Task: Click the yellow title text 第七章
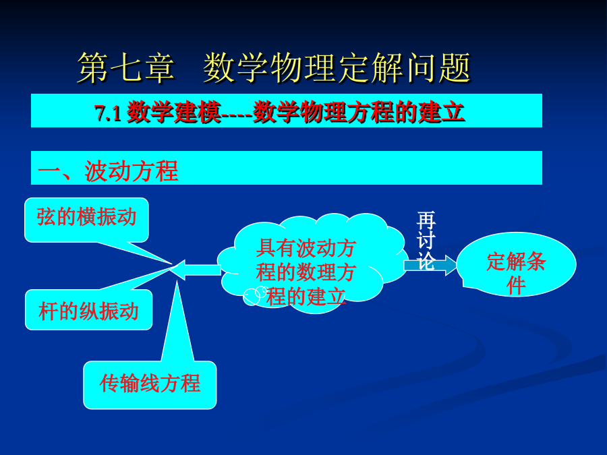[126, 68]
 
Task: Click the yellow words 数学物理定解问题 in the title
[337, 68]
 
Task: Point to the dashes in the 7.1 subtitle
[237, 114]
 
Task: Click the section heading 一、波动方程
[108, 171]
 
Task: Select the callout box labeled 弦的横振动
[86, 220]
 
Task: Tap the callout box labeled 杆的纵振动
[88, 309]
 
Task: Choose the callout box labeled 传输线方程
[150, 385]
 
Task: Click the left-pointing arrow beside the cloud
[196, 269]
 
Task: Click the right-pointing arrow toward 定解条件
[430, 265]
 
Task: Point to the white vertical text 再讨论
[426, 240]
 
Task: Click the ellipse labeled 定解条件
[516, 265]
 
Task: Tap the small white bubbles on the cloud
[255, 296]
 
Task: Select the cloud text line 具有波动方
[306, 248]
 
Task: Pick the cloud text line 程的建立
[306, 297]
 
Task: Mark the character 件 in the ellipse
[516, 286]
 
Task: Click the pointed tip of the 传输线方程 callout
[177, 281]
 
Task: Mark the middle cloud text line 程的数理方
[306, 273]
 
